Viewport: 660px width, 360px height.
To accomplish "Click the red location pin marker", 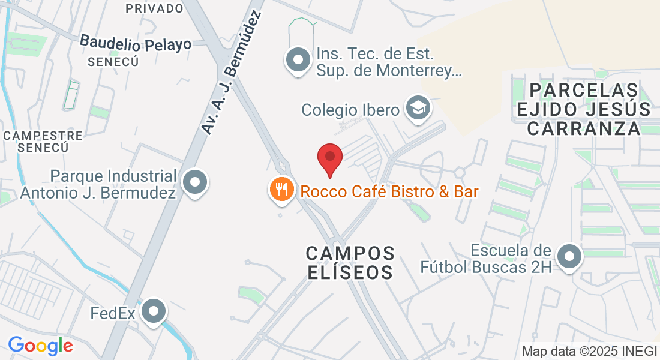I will point(329,157).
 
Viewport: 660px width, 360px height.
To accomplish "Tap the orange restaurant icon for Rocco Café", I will point(281,190).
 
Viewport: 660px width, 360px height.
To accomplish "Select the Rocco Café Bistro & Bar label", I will point(389,192).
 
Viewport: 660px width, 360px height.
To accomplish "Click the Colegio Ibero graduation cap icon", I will point(416,108).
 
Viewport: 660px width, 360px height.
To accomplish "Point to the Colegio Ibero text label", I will point(350,110).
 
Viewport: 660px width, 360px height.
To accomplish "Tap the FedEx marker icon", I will point(155,311).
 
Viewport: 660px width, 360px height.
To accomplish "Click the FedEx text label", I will point(113,313).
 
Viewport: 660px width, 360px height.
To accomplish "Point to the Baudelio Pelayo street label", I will point(136,43).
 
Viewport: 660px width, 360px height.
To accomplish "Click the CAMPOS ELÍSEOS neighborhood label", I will point(351,262).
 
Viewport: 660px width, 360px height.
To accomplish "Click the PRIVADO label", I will point(154,8).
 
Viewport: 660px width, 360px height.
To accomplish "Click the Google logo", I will point(41,346).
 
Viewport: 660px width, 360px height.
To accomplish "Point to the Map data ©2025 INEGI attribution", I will point(590,351).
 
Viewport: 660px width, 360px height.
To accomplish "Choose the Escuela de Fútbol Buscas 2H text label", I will point(511,258).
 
